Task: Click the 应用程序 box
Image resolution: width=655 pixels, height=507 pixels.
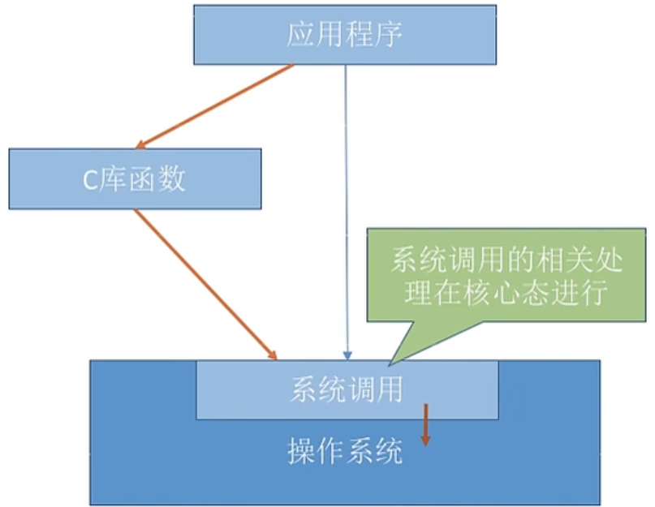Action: coord(344,35)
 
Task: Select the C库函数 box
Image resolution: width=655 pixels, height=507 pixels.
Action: coord(135,178)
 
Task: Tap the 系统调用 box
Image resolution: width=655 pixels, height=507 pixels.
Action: coord(347,389)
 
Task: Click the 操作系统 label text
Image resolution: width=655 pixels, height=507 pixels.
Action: coord(345,452)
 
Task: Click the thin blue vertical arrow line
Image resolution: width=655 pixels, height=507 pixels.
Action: coord(347,203)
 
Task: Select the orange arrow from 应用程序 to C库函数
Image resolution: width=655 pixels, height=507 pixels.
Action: coord(218,106)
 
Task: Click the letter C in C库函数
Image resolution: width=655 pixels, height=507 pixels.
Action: coord(91,179)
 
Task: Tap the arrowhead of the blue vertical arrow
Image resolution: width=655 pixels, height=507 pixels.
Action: coord(347,354)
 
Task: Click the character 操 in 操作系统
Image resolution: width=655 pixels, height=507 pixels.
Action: coord(301,452)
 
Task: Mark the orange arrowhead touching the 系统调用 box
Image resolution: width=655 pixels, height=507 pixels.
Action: coord(271,354)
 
